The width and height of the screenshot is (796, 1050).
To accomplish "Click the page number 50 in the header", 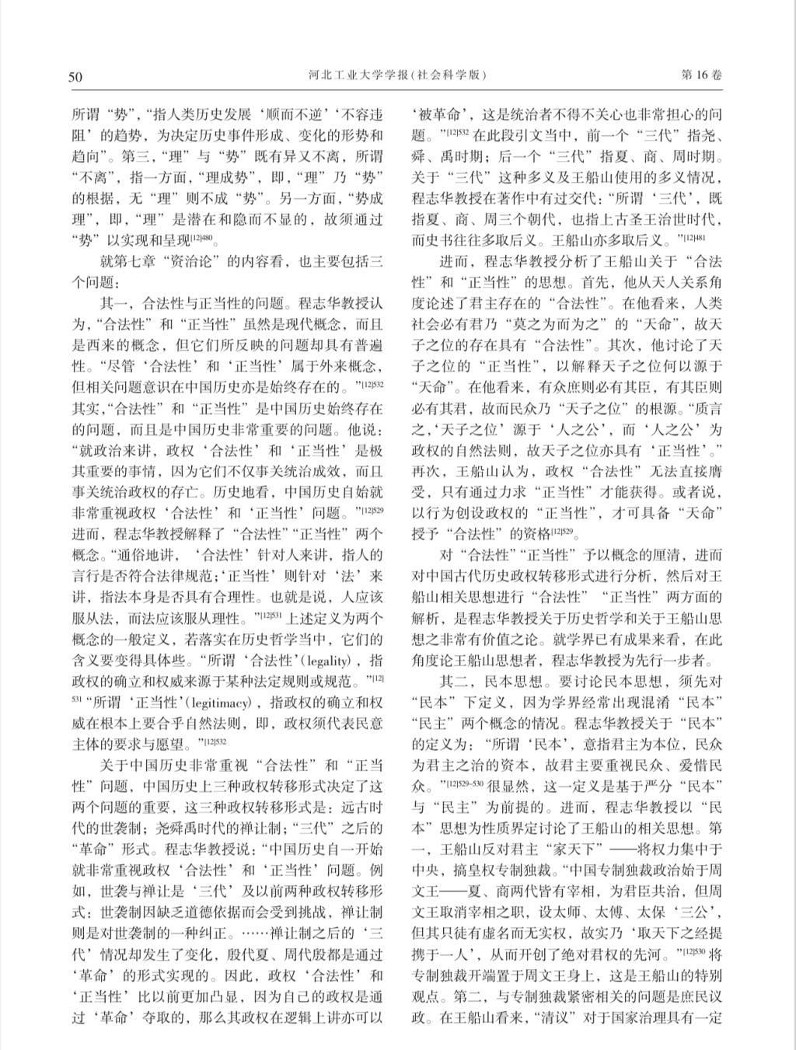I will click(x=75, y=76).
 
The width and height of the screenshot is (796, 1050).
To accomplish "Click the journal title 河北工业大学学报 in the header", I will click(x=357, y=76).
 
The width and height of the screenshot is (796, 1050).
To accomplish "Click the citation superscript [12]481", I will click(x=692, y=237).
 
